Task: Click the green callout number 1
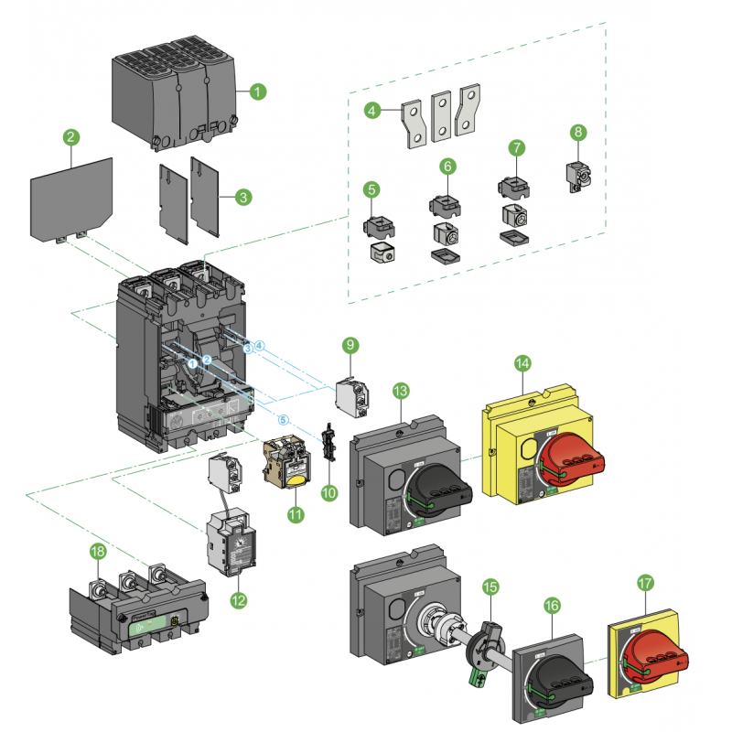[x=258, y=91]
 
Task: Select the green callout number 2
[x=70, y=137]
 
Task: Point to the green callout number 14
[x=522, y=363]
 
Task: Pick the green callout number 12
[x=239, y=600]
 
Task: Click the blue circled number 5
[x=283, y=420]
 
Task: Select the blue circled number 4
[x=260, y=346]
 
